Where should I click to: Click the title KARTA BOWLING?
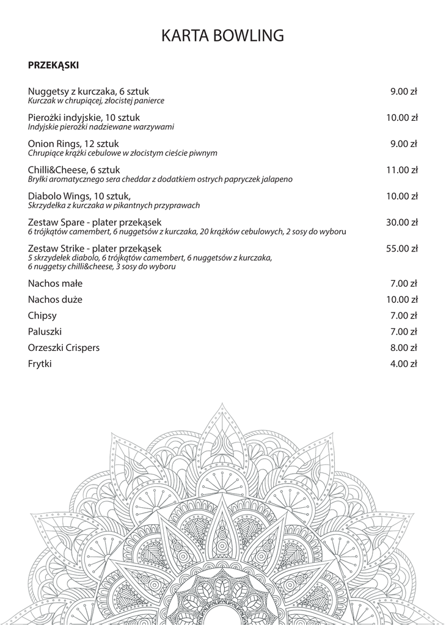[222, 36]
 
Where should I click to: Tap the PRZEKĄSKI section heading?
[53, 64]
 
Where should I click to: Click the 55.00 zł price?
[401, 248]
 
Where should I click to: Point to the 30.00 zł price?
[401, 222]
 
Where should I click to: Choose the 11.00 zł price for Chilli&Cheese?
[401, 170]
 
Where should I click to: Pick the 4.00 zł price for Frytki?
[403, 364]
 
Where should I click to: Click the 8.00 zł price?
[403, 348]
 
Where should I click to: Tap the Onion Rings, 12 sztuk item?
[73, 144]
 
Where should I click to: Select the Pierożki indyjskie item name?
[84, 118]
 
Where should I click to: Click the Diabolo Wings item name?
[79, 197]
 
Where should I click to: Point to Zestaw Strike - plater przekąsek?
[95, 248]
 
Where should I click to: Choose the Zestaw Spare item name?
[95, 222]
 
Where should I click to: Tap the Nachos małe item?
[55, 284]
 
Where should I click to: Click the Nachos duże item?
[55, 300]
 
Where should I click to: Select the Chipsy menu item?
[42, 316]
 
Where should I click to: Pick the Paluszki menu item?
[45, 331]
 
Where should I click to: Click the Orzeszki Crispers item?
[64, 348]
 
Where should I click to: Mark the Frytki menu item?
[40, 364]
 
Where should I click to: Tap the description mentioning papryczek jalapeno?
[160, 179]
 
